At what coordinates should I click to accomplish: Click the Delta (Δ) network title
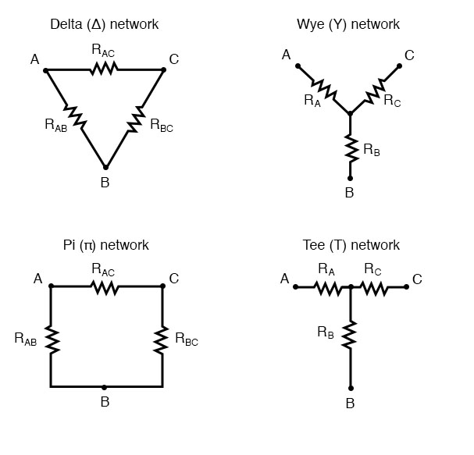104,24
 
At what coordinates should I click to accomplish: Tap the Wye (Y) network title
350,24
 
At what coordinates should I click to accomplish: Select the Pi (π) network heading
105,245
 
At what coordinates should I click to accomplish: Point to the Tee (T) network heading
351,245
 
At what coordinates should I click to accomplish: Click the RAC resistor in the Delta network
104,69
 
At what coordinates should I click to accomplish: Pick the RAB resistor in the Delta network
75,117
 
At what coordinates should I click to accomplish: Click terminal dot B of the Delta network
105,167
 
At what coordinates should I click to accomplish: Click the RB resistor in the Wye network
350,148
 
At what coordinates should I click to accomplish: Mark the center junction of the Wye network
350,114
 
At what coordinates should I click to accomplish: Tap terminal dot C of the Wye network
400,66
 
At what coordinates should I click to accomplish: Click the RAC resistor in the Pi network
105,287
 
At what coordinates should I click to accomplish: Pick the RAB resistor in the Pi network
51,338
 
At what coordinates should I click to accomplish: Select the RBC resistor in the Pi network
162,338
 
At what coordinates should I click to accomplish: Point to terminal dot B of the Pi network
105,386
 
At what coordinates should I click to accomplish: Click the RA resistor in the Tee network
327,287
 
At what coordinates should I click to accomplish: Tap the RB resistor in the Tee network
350,336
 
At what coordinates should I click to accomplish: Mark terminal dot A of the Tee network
295,287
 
